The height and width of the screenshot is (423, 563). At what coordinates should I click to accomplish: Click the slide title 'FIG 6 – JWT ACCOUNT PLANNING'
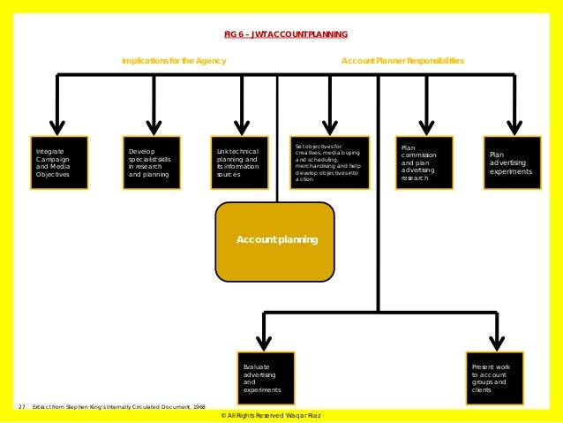point(285,34)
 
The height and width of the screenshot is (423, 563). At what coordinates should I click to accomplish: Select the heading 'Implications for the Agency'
point(174,61)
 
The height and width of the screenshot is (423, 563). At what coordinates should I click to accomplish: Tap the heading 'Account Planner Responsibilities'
point(402,61)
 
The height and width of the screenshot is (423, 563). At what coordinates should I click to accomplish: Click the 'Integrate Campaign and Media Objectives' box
point(59,162)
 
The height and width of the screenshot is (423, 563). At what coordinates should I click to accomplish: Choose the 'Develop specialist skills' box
point(151,162)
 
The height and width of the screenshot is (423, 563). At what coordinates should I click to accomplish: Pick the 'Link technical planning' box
point(240,162)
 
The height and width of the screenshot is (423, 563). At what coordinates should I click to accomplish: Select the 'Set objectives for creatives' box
point(329,162)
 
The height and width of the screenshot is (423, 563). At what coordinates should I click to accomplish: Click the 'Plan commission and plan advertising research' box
point(424,162)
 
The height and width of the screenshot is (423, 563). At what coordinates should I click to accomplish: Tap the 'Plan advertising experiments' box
point(512,162)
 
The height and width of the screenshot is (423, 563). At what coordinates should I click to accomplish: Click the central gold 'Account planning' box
point(275,240)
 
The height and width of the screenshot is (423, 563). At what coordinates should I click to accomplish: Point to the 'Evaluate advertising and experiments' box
point(265,378)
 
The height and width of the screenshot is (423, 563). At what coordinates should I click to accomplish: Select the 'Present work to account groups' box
point(494,378)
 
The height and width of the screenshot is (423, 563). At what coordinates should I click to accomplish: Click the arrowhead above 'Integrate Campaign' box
point(57,126)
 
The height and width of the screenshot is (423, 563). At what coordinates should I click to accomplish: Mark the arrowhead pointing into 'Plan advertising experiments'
point(513,126)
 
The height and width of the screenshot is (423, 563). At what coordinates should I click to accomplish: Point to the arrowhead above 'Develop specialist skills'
point(154,126)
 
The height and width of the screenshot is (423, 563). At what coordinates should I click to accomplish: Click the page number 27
point(21,407)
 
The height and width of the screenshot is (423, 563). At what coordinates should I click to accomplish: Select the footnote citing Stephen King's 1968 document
point(118,407)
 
